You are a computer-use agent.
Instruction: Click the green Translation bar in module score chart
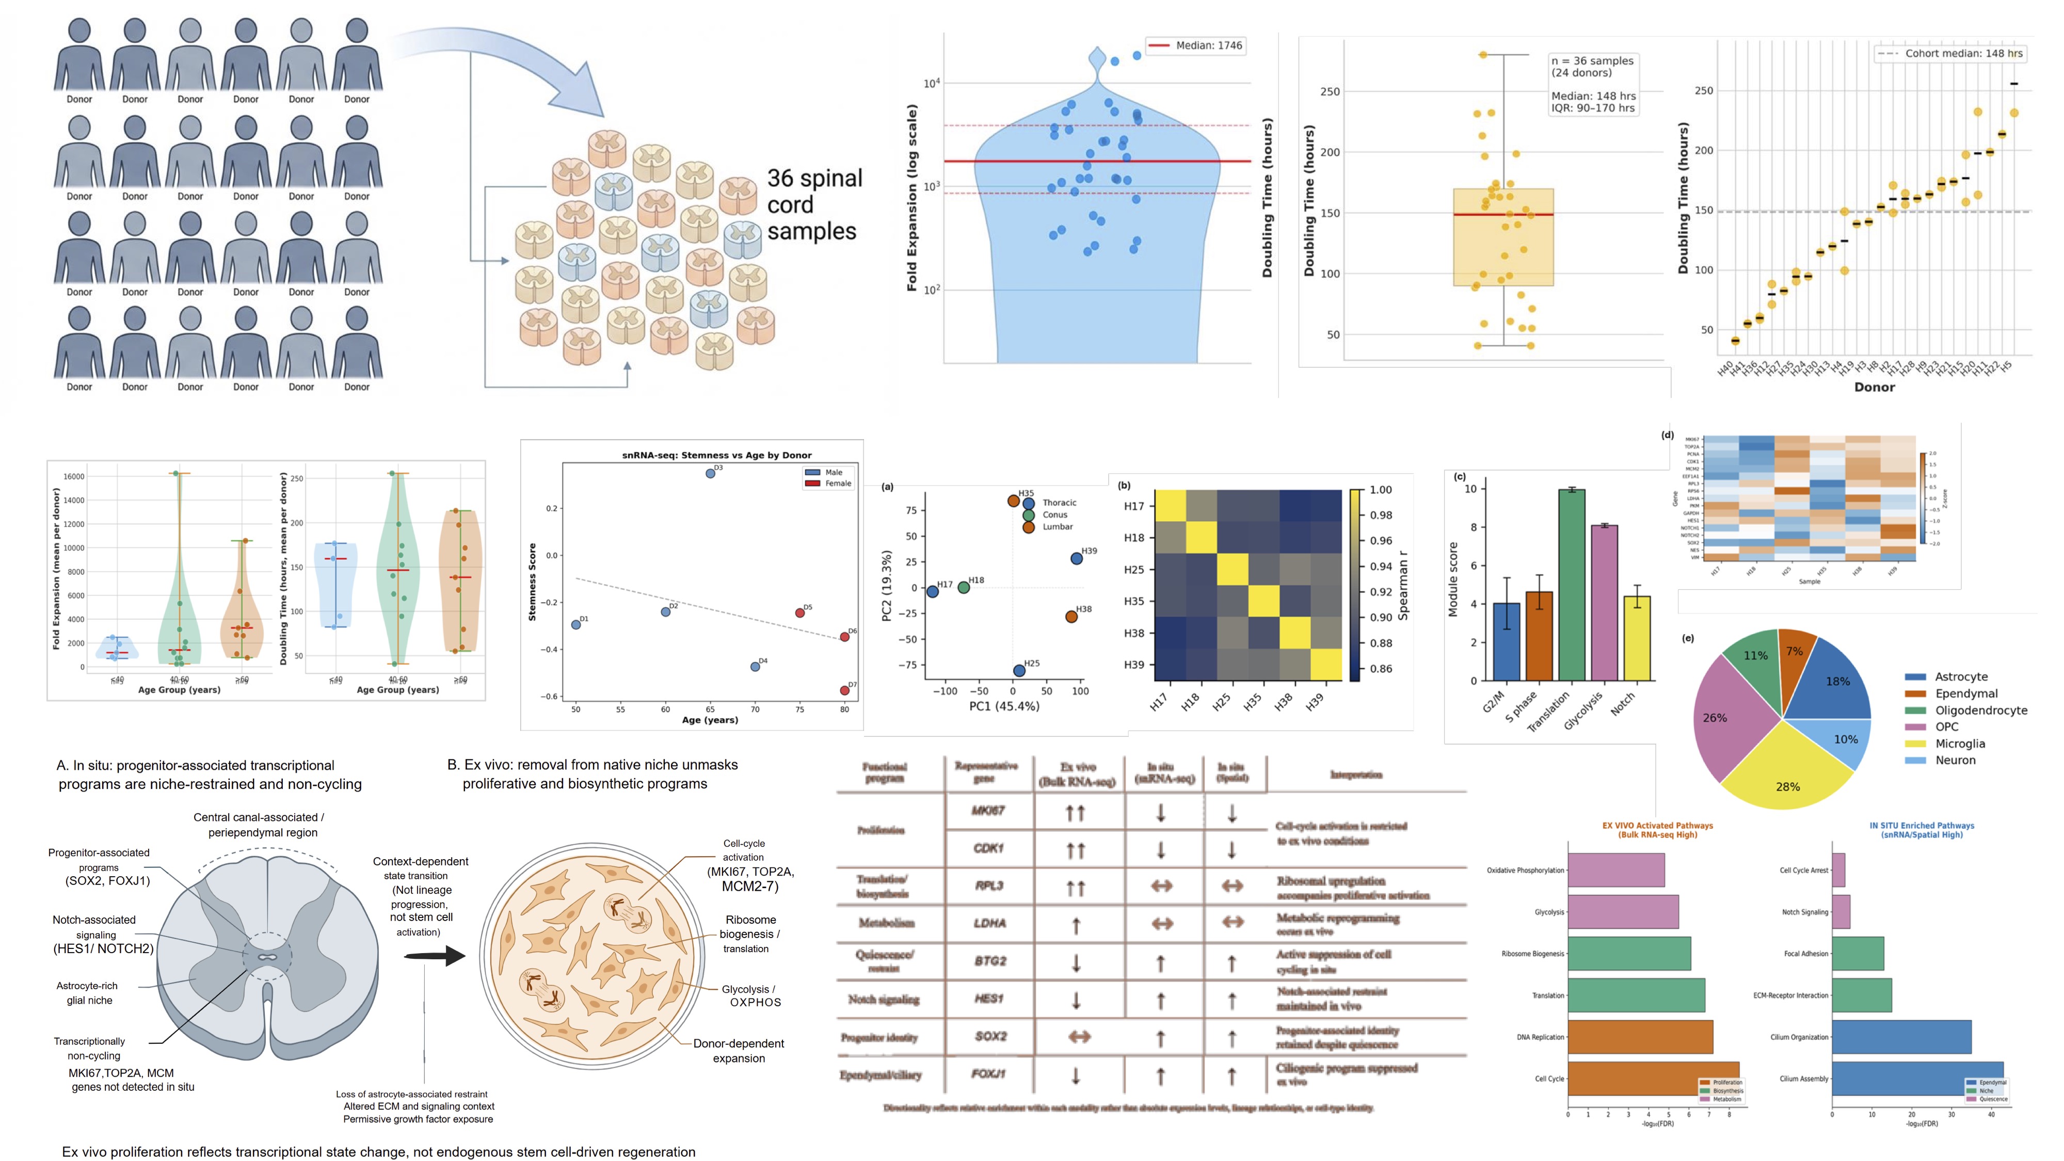1571,585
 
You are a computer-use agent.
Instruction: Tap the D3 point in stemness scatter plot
710,474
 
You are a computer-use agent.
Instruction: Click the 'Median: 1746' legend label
1208,46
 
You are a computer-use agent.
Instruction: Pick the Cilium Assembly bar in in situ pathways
1916,1078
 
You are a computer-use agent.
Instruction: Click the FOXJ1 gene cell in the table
989,1074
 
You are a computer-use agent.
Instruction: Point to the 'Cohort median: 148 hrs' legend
1963,54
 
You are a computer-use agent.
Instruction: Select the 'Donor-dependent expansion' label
738,1051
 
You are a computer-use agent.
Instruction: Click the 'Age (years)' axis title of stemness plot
710,719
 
